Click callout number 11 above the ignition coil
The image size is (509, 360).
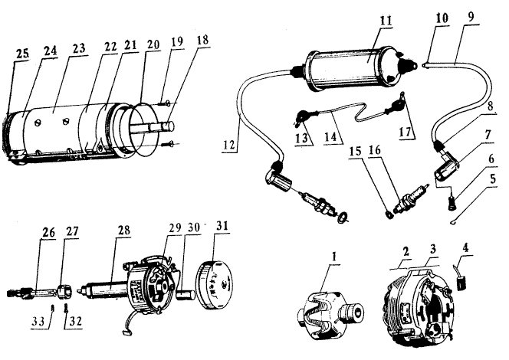click(386, 21)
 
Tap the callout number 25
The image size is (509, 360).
click(22, 54)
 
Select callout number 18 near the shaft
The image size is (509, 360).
click(202, 41)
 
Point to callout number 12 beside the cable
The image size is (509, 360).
click(229, 144)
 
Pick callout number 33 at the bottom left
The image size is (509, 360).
click(39, 322)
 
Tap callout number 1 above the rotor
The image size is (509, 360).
click(334, 257)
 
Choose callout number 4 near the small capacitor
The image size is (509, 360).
click(465, 247)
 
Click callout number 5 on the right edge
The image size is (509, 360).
click(493, 178)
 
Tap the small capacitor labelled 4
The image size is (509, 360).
click(461, 283)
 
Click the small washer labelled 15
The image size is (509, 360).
click(389, 214)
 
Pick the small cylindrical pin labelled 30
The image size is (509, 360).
click(186, 295)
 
